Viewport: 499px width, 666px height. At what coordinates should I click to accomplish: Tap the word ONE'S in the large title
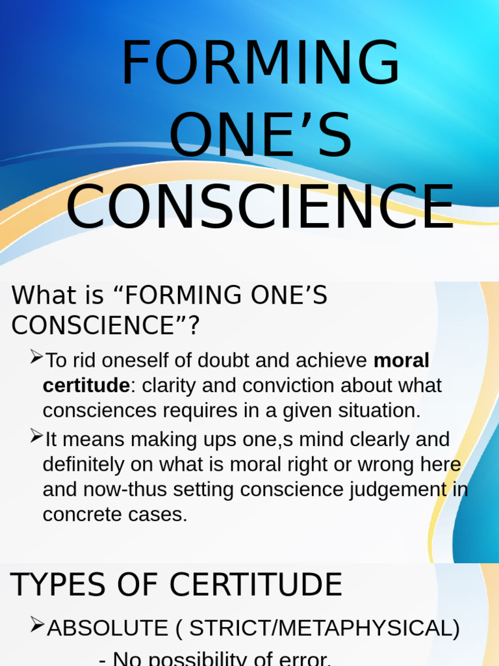[x=260, y=137]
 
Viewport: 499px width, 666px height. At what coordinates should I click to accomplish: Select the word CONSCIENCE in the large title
[x=260, y=207]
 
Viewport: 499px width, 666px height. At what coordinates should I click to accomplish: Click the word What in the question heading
[x=40, y=295]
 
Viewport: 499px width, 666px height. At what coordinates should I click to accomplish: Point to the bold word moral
[x=402, y=360]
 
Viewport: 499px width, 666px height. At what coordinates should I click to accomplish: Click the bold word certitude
[x=86, y=385]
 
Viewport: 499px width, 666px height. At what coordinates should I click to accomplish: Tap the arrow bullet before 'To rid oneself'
[x=36, y=356]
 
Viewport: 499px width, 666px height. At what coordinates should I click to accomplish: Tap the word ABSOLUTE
[x=107, y=628]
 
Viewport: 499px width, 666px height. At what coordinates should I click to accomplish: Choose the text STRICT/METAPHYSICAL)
[x=324, y=628]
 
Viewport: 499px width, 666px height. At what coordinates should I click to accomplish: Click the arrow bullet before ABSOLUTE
[x=36, y=625]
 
